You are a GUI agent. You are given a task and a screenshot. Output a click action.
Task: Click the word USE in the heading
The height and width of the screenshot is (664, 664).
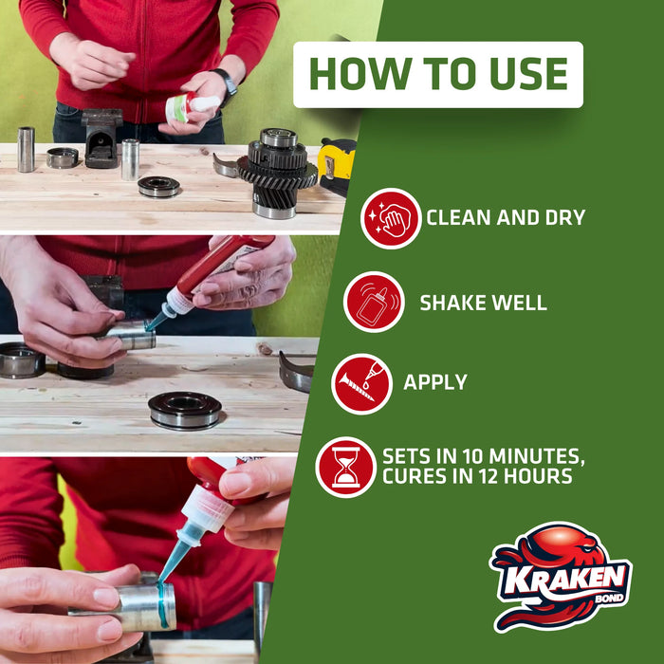pyautogui.click(x=528, y=74)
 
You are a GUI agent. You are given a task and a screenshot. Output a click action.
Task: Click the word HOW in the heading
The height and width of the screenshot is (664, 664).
pyautogui.click(x=360, y=74)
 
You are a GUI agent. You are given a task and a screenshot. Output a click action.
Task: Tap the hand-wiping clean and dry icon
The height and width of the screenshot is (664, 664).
pyautogui.click(x=391, y=218)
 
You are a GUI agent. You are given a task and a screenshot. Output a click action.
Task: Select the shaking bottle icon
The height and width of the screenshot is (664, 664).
pyautogui.click(x=374, y=302)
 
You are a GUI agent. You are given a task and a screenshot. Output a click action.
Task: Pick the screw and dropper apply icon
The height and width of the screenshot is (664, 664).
pyautogui.click(x=361, y=384)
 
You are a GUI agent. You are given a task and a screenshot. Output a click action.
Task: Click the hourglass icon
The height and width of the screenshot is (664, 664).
pyautogui.click(x=345, y=467)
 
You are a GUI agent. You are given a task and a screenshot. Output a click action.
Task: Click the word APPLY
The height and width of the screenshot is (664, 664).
pyautogui.click(x=434, y=382)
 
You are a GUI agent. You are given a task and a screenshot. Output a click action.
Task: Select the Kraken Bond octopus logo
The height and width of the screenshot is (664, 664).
pyautogui.click(x=561, y=577)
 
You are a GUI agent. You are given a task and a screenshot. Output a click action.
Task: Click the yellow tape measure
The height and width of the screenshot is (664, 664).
pyautogui.click(x=337, y=166)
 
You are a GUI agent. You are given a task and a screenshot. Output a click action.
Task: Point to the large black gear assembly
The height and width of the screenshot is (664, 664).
pyautogui.click(x=277, y=173)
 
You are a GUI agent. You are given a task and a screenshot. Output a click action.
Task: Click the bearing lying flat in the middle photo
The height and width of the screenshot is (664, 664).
pyautogui.click(x=185, y=411)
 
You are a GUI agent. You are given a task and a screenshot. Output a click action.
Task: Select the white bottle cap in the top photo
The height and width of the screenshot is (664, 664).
pyautogui.click(x=207, y=103)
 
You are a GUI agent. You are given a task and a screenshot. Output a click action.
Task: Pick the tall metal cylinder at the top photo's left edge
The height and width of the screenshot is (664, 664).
pyautogui.click(x=26, y=149)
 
